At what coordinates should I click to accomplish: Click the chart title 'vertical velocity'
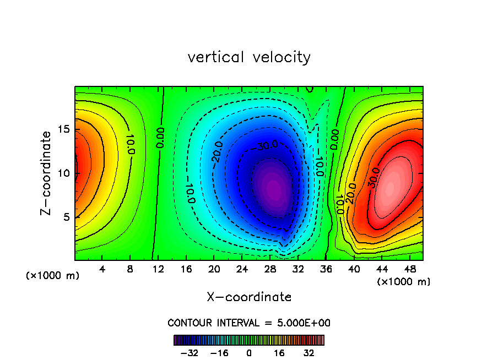pyautogui.click(x=249, y=57)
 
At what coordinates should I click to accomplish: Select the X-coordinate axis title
pyautogui.click(x=249, y=297)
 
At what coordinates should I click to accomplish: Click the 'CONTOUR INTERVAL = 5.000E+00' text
pyautogui.click(x=249, y=323)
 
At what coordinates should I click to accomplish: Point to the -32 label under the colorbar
pyautogui.click(x=189, y=353)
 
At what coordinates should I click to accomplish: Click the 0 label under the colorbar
pyautogui.click(x=249, y=353)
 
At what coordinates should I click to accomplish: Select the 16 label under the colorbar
pyautogui.click(x=279, y=353)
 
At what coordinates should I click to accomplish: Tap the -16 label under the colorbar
pyautogui.click(x=219, y=353)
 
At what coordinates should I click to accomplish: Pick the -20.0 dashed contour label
pyautogui.click(x=217, y=152)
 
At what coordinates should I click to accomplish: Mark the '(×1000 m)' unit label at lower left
pyautogui.click(x=53, y=275)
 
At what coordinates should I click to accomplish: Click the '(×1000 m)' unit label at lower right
pyautogui.click(x=404, y=282)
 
